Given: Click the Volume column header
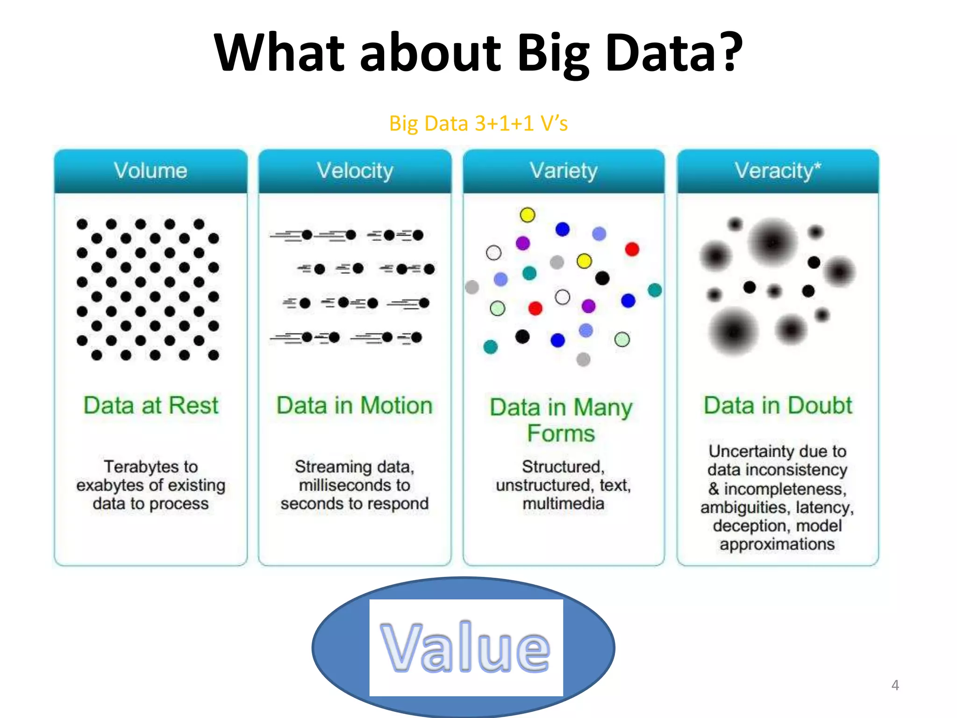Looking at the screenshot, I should click(x=150, y=171).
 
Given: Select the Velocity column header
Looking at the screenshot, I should click(x=355, y=171).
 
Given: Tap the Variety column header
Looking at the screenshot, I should click(x=563, y=171).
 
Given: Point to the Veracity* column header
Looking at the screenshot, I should click(x=777, y=171).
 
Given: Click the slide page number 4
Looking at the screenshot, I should click(x=895, y=685).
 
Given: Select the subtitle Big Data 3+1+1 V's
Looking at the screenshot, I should click(x=478, y=124).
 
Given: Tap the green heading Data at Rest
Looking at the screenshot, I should click(x=151, y=405).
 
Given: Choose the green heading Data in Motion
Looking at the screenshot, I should click(x=355, y=405).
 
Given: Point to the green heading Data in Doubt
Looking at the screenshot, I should click(x=778, y=405).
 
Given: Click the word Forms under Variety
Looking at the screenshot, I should click(x=561, y=433).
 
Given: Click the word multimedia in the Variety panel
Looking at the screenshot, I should click(x=564, y=503).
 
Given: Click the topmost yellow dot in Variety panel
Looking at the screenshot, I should click(x=528, y=215).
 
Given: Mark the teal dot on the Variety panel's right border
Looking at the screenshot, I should click(x=655, y=290).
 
